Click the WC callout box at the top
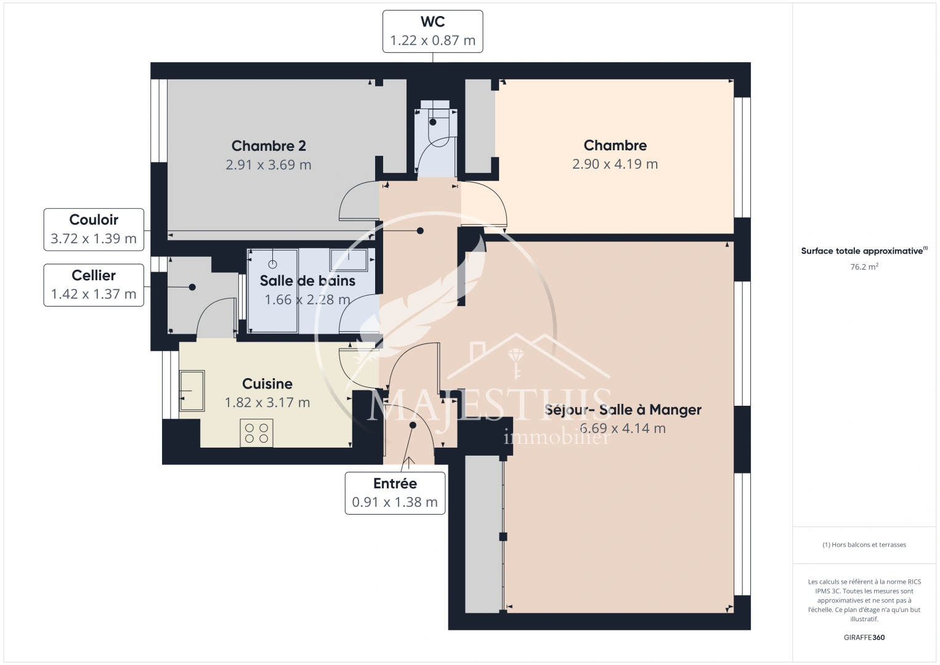click(432, 31)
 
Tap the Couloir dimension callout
click(94, 229)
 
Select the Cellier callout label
click(94, 284)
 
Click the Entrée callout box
click(395, 493)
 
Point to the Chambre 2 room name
click(269, 146)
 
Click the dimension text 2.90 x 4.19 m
click(615, 164)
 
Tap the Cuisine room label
click(267, 384)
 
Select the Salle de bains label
click(307, 281)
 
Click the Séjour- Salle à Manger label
click(623, 409)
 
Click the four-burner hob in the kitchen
click(256, 433)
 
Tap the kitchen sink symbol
click(192, 390)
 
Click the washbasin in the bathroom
click(349, 259)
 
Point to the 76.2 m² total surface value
click(864, 267)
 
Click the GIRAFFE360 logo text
click(864, 637)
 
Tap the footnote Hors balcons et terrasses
click(864, 545)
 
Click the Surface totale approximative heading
click(863, 251)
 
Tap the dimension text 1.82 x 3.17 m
click(267, 403)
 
